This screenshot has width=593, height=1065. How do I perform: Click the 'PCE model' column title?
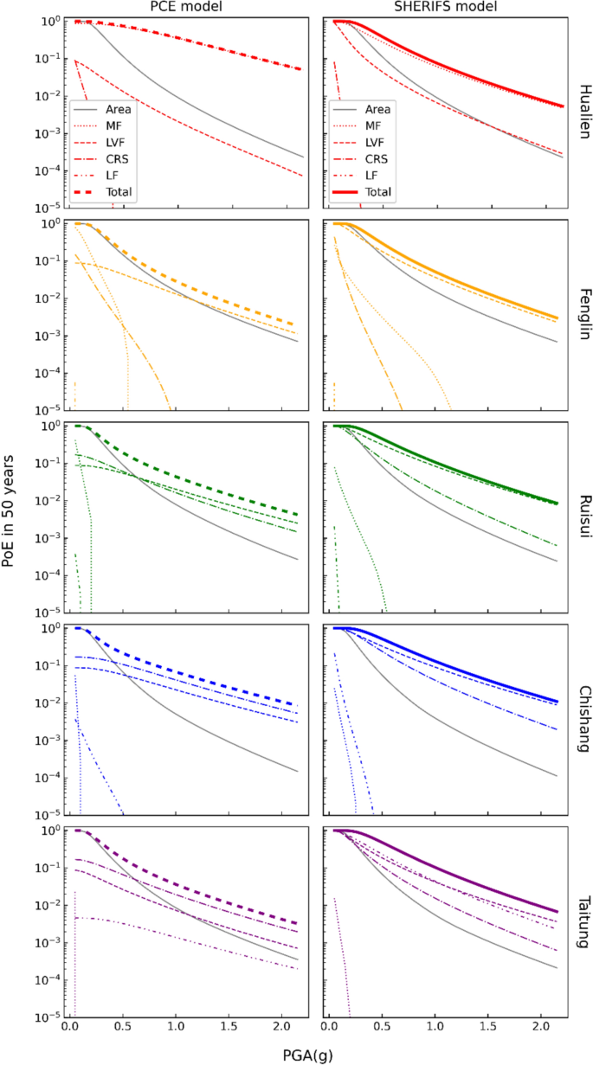[185, 8]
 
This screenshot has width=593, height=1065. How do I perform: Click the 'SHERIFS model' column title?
[444, 8]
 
